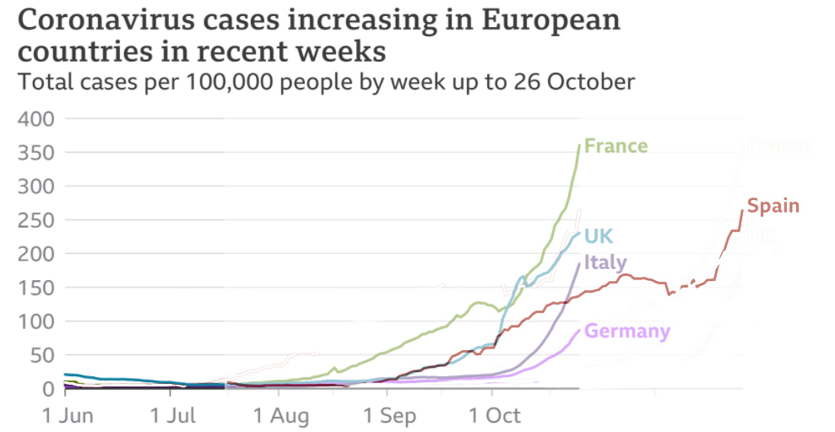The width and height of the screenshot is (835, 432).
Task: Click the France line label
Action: point(615,146)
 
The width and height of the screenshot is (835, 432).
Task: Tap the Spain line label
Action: point(773,205)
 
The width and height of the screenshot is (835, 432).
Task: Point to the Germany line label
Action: point(627,331)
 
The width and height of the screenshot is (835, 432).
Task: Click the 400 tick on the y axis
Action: point(36,119)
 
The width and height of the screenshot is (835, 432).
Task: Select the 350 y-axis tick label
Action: point(36,153)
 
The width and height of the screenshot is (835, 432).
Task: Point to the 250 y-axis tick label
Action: point(36,220)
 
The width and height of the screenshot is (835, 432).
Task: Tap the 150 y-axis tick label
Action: point(36,288)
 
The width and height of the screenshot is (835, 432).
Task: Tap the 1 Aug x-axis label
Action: point(282,416)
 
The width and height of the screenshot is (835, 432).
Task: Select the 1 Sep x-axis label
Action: point(389,416)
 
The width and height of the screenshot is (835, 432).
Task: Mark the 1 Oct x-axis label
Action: point(495,416)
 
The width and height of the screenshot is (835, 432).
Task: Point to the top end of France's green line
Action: point(579,145)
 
